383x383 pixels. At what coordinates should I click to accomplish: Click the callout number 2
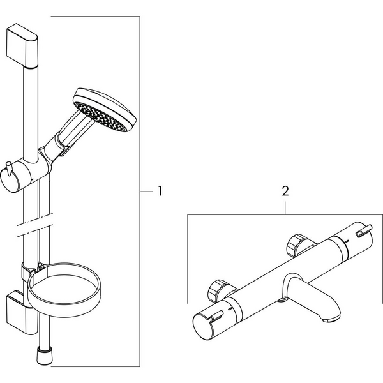click(285, 191)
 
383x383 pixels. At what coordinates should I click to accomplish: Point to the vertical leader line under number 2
click(285, 207)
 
